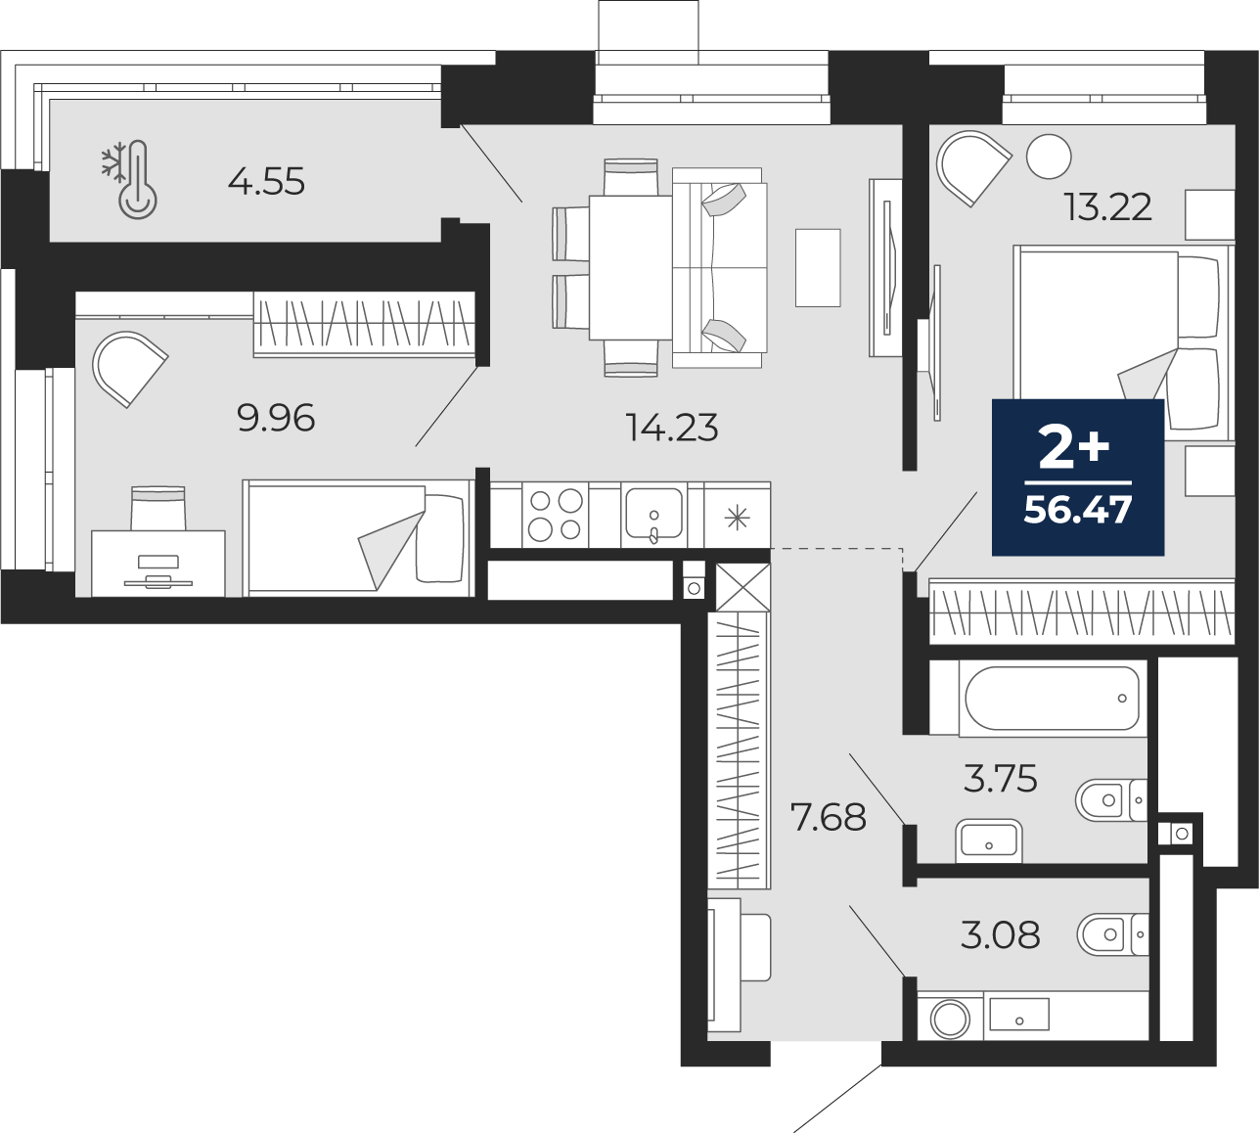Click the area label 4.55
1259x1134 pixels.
(266, 182)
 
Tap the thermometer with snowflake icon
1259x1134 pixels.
(130, 180)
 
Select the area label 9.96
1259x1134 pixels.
(276, 418)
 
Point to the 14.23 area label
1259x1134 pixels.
(671, 429)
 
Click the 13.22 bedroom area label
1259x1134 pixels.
(1108, 207)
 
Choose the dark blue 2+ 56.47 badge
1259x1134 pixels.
(1078, 477)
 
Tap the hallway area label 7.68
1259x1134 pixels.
(829, 818)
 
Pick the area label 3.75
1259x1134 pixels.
(1001, 779)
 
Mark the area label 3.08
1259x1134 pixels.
(1001, 935)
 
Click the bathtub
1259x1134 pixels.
(1053, 698)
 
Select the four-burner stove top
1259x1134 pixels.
(556, 516)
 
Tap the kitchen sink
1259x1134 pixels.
(654, 515)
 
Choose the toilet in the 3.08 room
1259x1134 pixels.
(1113, 934)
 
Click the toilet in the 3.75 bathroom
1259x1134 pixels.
(1111, 800)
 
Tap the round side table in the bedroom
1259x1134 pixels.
(1049, 157)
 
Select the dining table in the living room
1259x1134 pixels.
(631, 267)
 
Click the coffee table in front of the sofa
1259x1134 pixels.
(818, 268)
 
